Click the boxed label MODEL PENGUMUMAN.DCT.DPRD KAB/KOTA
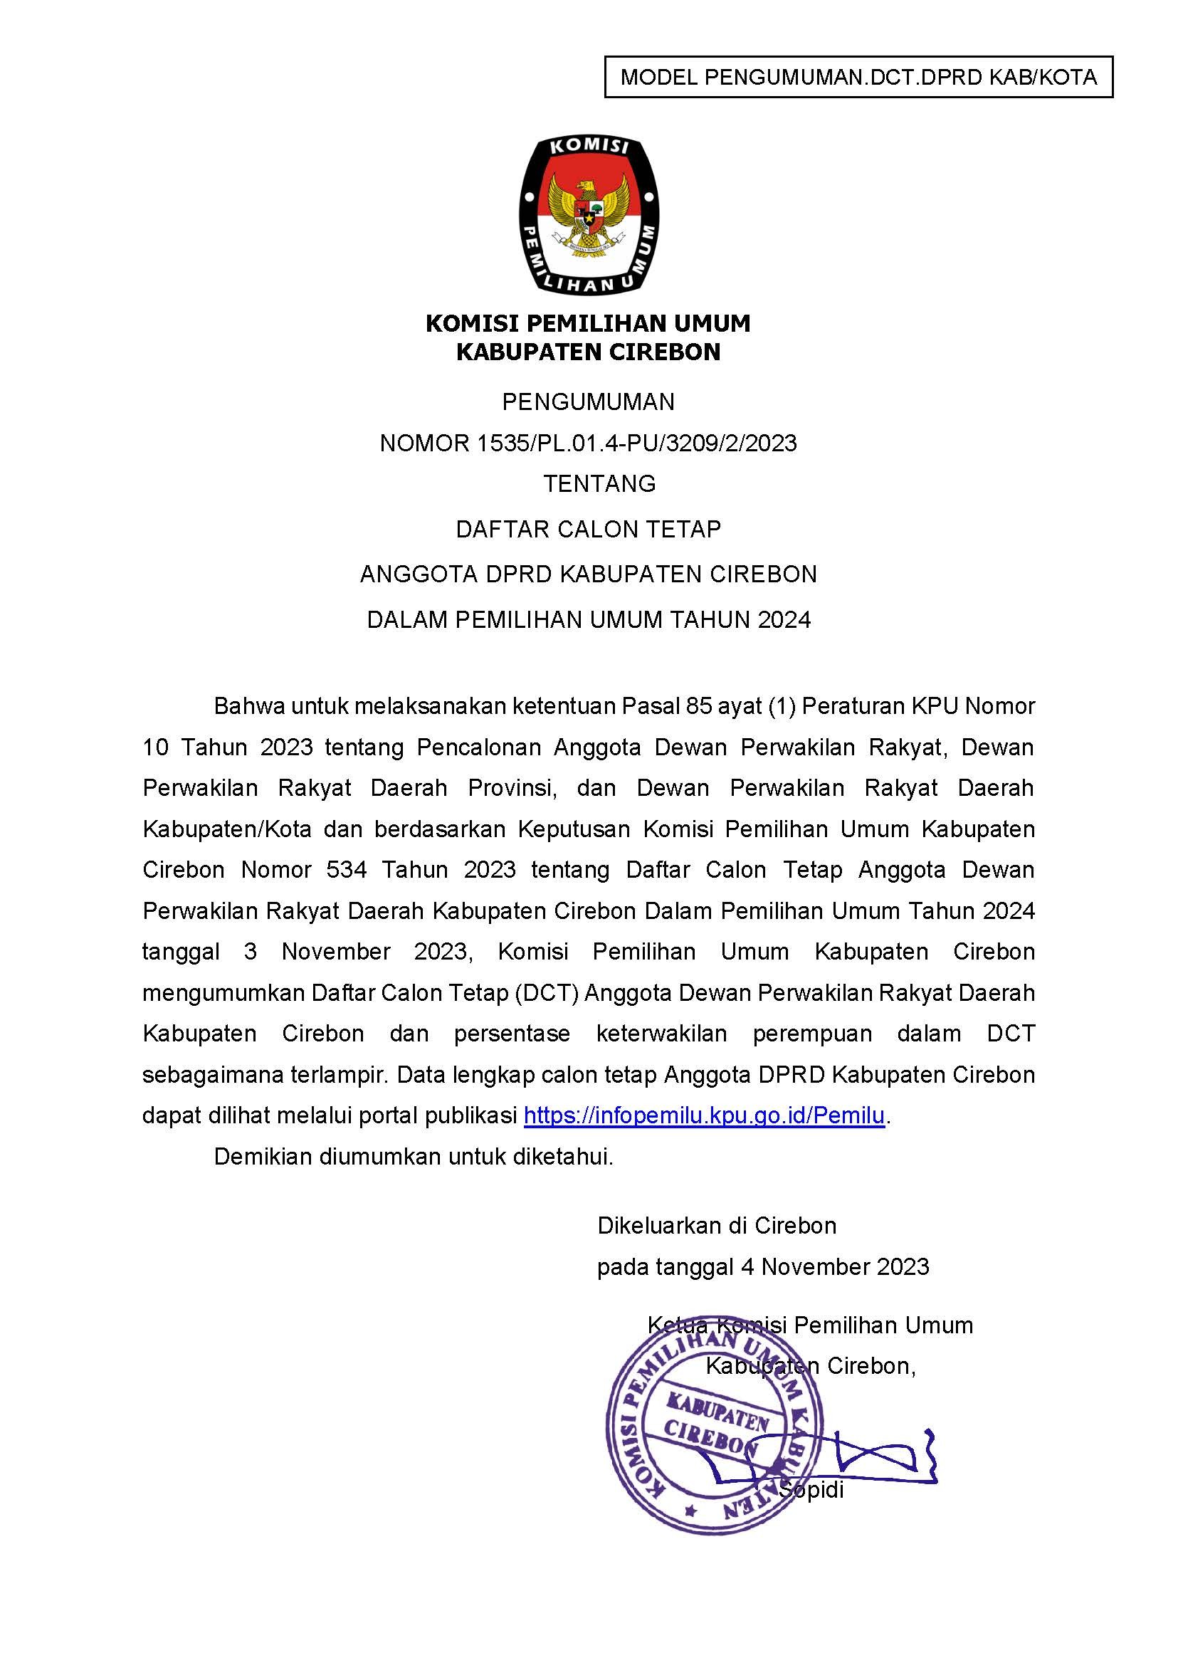coord(858,77)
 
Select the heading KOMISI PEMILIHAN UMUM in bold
coord(588,323)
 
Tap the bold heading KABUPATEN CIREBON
coord(588,352)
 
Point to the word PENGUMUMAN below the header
coord(588,401)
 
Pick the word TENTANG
coord(599,483)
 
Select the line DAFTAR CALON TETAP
coord(588,529)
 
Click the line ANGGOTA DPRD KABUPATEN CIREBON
coord(588,574)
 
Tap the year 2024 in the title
coord(784,619)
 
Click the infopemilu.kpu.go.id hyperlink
coord(704,1115)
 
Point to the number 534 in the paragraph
coord(347,869)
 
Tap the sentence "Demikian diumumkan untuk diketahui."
coord(414,1157)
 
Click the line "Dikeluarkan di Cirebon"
coord(717,1225)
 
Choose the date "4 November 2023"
coord(834,1266)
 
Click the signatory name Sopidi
coord(811,1490)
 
